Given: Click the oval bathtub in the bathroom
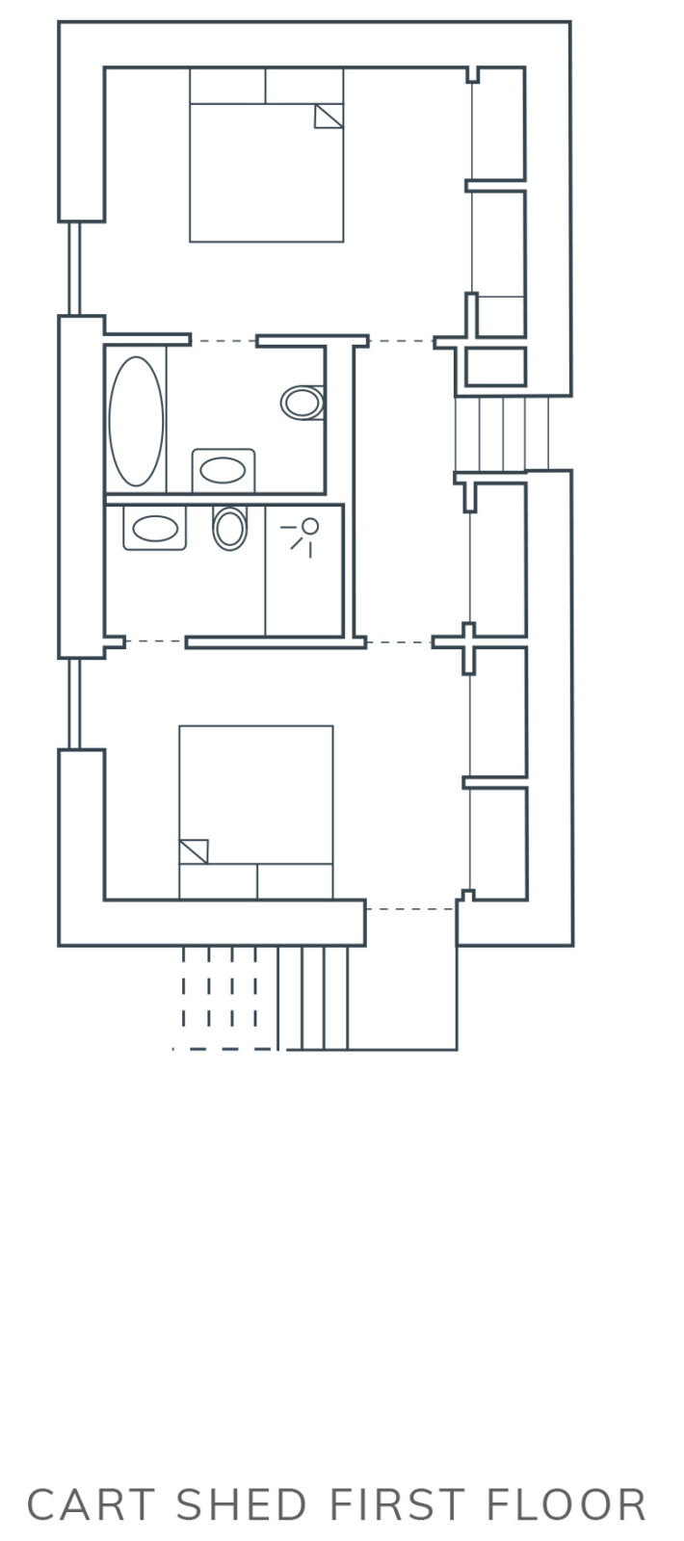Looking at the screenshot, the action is pyautogui.click(x=136, y=421).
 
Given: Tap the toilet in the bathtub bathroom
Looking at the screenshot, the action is pyautogui.click(x=303, y=403).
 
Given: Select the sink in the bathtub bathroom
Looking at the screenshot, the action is pyautogui.click(x=223, y=471).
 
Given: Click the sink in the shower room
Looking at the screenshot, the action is pyautogui.click(x=155, y=529).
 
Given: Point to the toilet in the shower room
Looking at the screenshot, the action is pyautogui.click(x=230, y=529).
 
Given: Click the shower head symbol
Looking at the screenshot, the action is pyautogui.click(x=303, y=535).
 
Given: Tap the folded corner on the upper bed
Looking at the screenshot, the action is pyautogui.click(x=329, y=117).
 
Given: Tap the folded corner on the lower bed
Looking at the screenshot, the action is pyautogui.click(x=194, y=851).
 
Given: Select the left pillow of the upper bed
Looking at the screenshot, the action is pyautogui.click(x=227, y=86).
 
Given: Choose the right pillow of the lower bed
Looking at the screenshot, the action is pyautogui.click(x=295, y=881).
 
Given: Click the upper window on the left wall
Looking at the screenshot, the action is pyautogui.click(x=75, y=269).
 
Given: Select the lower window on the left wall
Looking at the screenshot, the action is pyautogui.click(x=75, y=704).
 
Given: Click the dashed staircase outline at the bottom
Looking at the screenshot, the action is pyautogui.click(x=224, y=998).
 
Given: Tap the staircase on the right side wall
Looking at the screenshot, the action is pyautogui.click(x=502, y=433).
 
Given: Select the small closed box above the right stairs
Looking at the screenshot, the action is pyautogui.click(x=495, y=366).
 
